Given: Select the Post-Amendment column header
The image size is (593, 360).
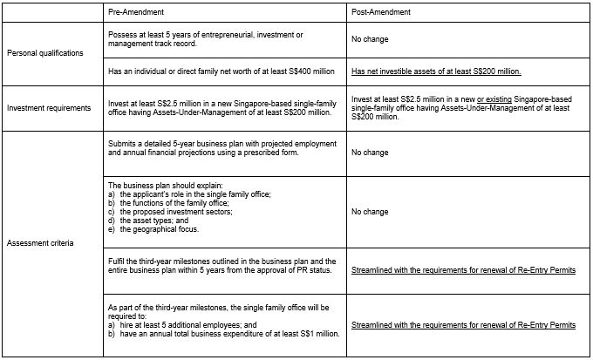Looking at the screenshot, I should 380,12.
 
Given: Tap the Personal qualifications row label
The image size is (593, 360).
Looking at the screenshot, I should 45,53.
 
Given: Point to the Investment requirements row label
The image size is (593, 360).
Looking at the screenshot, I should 51,108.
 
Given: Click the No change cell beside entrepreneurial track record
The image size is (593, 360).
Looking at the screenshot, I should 370,39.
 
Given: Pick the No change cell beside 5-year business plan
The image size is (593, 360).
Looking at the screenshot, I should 370,152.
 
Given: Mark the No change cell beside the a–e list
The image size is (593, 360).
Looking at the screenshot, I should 370,212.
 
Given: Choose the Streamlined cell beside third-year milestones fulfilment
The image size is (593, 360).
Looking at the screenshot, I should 463,271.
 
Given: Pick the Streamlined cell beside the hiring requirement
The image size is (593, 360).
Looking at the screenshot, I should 463,324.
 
